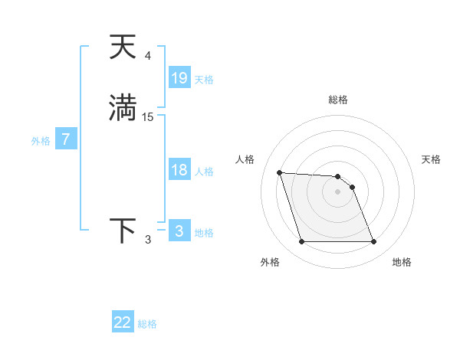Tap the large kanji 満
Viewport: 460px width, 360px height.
123,107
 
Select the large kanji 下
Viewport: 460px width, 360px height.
123,231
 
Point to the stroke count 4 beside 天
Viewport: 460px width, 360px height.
148,56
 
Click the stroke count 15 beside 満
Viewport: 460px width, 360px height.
148,116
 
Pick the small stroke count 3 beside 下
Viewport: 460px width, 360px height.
148,240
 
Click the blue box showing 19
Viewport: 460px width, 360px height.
179,78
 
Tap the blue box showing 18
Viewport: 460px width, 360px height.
179,170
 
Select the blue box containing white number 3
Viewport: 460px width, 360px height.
179,231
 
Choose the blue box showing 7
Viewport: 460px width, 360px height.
66,139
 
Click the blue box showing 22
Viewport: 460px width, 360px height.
123,322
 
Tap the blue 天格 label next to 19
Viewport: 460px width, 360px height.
204,80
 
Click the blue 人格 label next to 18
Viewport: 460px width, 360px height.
204,172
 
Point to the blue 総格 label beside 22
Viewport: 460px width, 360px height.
147,324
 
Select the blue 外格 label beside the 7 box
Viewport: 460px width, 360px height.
41,141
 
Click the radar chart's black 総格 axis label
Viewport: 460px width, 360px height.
337,100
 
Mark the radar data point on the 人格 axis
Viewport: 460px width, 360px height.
279,172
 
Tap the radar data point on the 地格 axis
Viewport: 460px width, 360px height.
373,242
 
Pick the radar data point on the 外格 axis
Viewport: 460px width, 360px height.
301,242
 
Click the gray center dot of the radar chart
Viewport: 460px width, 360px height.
337,191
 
